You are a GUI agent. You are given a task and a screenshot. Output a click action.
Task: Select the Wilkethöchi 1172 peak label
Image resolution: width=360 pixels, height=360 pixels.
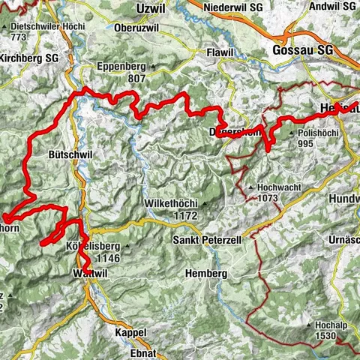pyautogui.click(x=173, y=209)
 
